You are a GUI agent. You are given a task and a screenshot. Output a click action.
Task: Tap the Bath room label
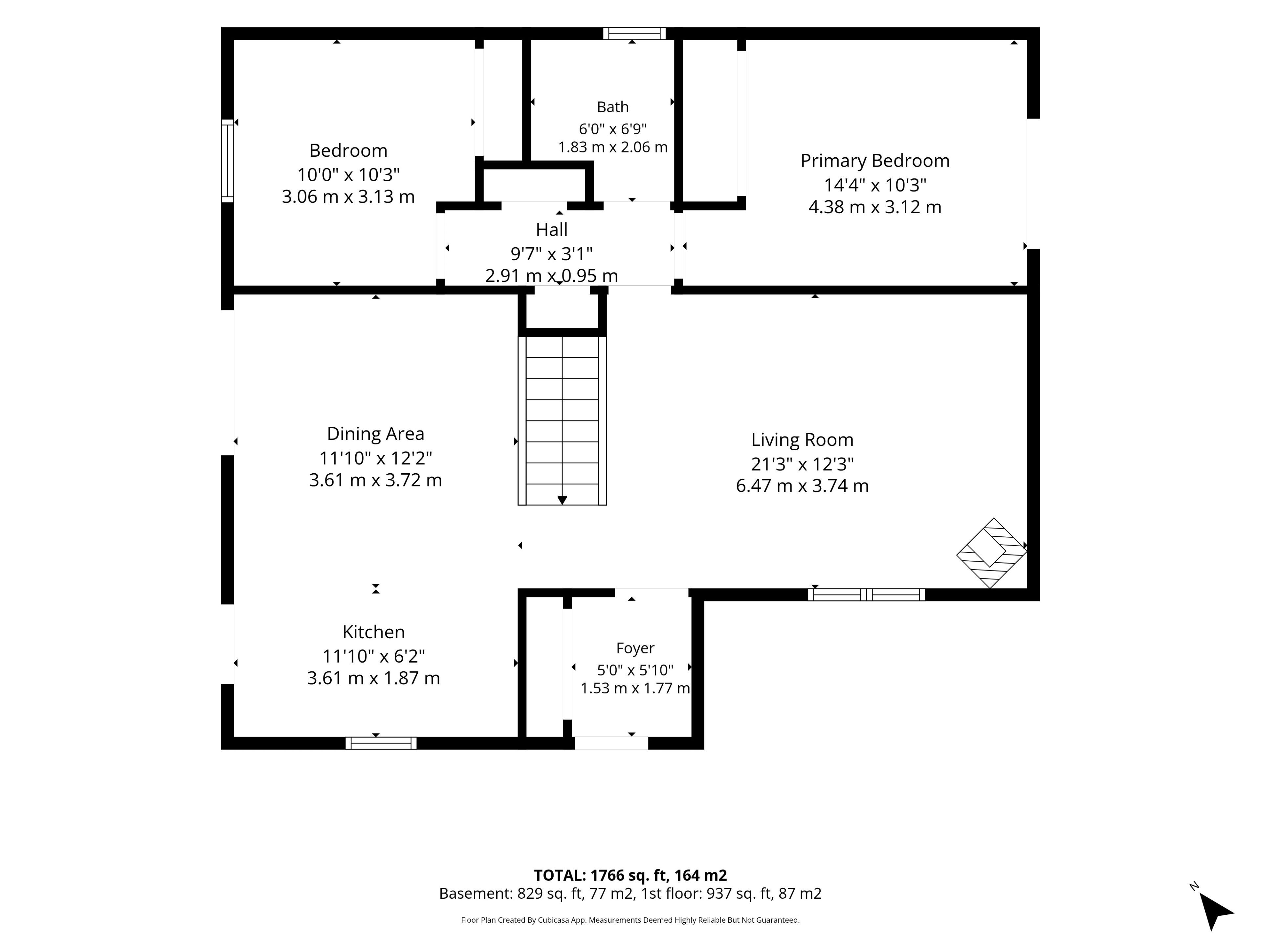(x=613, y=107)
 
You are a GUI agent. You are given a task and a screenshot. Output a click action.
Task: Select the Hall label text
(x=552, y=230)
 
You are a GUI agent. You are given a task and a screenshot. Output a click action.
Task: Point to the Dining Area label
(x=376, y=434)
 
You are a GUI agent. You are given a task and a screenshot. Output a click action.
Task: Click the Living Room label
(x=802, y=440)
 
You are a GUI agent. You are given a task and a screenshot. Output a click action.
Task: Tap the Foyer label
(x=635, y=648)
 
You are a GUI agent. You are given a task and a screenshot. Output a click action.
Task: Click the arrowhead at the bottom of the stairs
(x=562, y=501)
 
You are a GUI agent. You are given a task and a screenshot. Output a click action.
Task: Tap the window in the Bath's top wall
(x=634, y=34)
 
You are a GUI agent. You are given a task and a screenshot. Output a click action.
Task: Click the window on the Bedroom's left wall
(x=228, y=161)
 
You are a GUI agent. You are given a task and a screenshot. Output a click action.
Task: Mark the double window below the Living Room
(x=867, y=595)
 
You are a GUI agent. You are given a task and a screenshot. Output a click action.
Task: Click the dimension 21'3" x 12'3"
(x=802, y=464)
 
